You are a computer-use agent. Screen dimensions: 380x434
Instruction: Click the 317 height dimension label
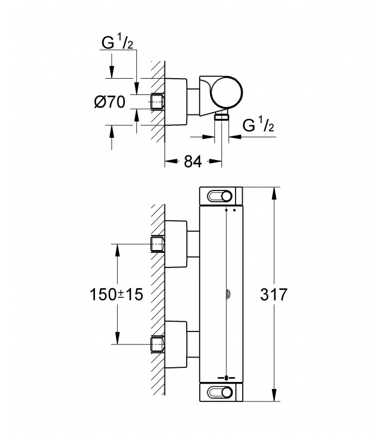tap(274, 294)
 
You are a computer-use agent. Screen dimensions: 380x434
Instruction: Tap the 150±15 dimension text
tap(116, 294)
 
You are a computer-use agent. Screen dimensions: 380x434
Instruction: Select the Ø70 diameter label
tap(110, 102)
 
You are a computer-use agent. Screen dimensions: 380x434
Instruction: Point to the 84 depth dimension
tap(193, 161)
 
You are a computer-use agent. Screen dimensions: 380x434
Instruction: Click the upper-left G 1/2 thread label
tap(117, 42)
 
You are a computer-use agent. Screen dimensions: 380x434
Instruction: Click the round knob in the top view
tap(226, 92)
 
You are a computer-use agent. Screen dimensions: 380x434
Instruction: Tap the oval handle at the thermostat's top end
tap(220, 196)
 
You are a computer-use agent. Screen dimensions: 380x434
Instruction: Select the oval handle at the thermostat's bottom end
tap(220, 392)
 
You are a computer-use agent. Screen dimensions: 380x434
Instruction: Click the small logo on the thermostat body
tap(229, 294)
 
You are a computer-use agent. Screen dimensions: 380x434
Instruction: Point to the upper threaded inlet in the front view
tap(157, 244)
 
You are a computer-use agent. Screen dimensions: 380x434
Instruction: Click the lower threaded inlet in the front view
tap(157, 344)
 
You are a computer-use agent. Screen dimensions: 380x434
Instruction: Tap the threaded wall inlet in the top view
tap(157, 102)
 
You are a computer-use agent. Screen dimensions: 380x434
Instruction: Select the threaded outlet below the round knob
tap(221, 117)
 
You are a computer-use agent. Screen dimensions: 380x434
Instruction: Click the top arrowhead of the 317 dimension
tap(274, 193)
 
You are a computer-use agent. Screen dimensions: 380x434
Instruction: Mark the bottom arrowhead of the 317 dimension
tap(274, 395)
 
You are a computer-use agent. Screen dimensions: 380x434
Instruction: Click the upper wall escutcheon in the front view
tap(176, 244)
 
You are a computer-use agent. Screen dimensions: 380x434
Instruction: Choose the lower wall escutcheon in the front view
tap(176, 344)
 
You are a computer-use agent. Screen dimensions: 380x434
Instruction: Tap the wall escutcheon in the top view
tap(176, 102)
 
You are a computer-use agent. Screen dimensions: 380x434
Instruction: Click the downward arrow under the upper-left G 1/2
tap(111, 66)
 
